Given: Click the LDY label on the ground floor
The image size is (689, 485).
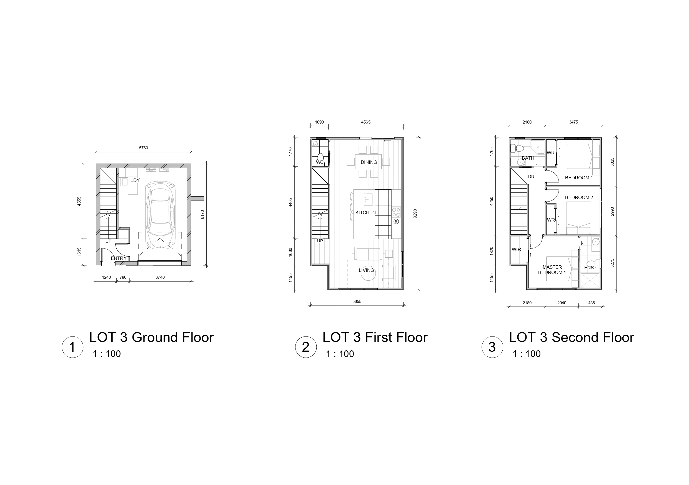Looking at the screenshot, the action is pos(135,180).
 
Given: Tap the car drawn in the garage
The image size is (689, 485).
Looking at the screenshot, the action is pos(161,215).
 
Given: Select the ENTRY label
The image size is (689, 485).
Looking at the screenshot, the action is pos(119,258).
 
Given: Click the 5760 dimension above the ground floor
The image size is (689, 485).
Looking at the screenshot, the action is pos(144,148).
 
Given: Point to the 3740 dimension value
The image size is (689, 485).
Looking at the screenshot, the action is pos(160,277).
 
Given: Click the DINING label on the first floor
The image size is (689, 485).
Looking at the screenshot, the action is pos(369,162).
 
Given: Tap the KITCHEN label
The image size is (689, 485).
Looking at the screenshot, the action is pos(365,212).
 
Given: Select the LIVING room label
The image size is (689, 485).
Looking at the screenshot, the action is pos(366,270).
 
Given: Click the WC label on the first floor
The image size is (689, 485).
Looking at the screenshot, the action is pos(320,162).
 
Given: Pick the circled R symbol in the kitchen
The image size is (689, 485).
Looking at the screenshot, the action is pos(396,222).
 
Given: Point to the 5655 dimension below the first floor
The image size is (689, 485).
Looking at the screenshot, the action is pos(357,301).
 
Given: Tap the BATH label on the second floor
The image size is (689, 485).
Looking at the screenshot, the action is pos(528,158).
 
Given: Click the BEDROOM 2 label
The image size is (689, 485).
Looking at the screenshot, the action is pos(579,197).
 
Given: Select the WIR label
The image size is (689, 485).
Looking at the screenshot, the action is pos(517,249).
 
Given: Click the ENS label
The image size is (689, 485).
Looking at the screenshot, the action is pos(589,268).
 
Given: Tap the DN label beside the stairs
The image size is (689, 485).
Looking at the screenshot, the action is pos(531,177).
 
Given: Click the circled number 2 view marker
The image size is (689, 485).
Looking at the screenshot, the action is pos(306,347).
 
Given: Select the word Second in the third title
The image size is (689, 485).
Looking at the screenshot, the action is pos(573,337).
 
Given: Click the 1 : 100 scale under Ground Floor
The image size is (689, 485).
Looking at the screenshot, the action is pos(107,354).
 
